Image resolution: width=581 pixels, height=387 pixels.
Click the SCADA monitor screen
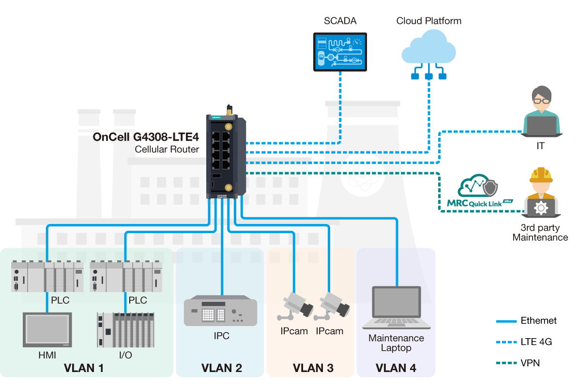(x=340, y=52)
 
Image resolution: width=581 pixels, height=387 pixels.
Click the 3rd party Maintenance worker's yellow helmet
(x=541, y=175)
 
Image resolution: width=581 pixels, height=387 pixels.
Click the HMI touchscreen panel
(x=47, y=329)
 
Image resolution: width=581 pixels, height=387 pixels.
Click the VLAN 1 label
(x=84, y=368)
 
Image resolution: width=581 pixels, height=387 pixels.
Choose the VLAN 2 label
(x=222, y=368)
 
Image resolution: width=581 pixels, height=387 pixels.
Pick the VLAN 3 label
(x=313, y=368)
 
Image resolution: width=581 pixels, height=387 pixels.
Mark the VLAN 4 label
(x=396, y=368)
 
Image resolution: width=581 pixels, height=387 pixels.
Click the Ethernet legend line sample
(x=505, y=321)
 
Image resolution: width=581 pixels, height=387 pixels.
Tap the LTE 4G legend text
(x=536, y=342)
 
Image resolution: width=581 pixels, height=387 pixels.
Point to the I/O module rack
(x=126, y=329)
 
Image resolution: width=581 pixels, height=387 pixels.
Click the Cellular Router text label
(x=167, y=149)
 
